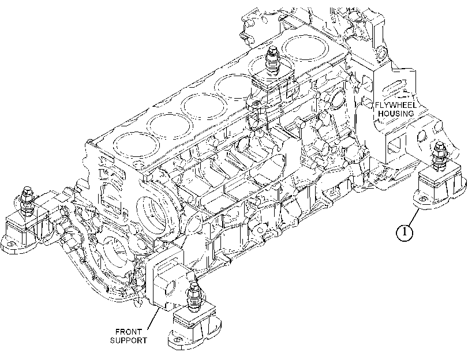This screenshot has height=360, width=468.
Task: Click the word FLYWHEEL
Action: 396,106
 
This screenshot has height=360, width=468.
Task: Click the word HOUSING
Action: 396,114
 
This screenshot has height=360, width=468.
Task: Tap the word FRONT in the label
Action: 129,332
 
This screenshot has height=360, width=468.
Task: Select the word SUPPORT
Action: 129,340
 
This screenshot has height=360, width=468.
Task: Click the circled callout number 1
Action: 405,232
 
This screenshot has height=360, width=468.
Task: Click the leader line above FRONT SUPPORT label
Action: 153,318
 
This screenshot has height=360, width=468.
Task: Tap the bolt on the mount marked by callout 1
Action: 439,155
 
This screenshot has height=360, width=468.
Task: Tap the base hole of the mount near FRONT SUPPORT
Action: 177,340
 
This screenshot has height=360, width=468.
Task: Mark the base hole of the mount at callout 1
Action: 422,200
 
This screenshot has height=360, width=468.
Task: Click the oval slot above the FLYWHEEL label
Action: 395,88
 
